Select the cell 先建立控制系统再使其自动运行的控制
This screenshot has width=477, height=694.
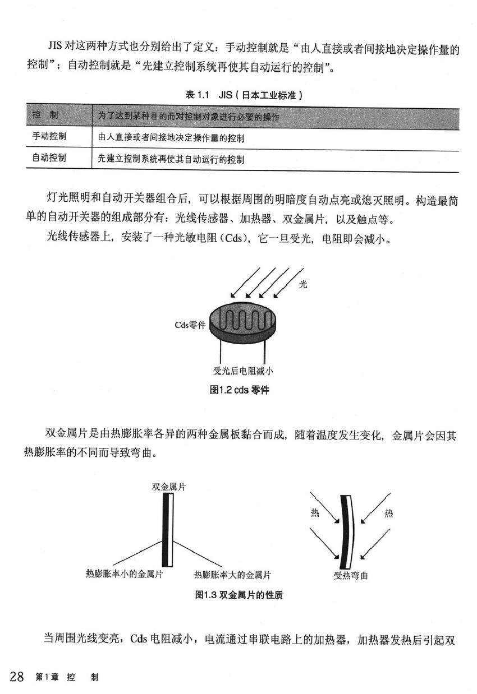(x=171, y=159)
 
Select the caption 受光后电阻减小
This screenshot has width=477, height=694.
(x=243, y=371)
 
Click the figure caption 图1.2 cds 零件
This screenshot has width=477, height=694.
(x=239, y=390)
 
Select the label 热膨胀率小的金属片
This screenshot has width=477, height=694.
(x=124, y=574)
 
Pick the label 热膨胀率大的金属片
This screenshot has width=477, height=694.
(x=232, y=574)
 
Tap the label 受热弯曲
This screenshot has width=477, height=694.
(x=350, y=575)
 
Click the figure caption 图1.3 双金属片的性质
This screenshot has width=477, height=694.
(x=239, y=595)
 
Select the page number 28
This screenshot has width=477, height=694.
(x=16, y=677)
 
